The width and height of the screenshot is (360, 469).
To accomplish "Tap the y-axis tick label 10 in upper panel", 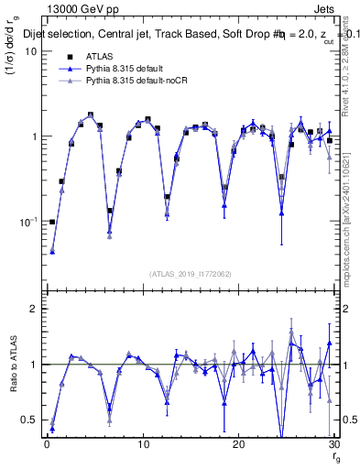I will point(29,51).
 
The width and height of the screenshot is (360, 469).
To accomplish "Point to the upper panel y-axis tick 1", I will point(32,136).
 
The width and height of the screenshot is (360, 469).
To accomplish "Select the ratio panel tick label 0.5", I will point(27,420).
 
